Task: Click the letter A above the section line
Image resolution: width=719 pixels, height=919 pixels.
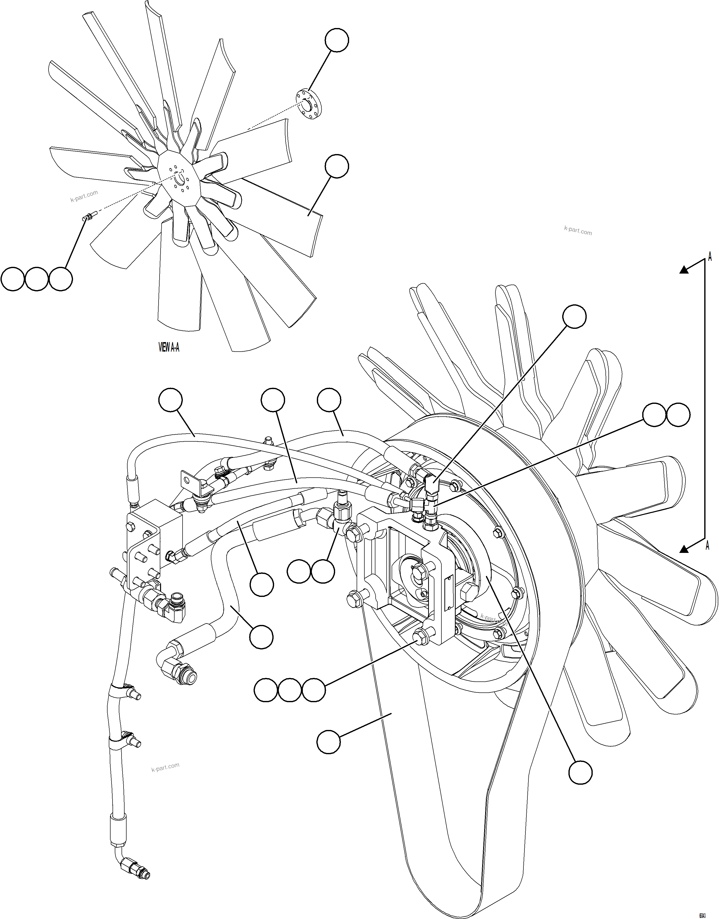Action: pos(710,257)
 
